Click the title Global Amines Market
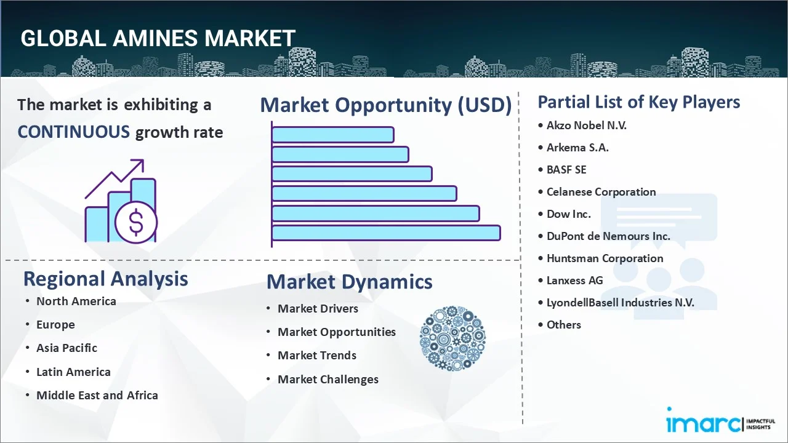click(158, 38)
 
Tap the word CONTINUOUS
click(73, 132)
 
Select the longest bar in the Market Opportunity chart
click(385, 233)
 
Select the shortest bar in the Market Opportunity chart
click(332, 134)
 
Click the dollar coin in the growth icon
click(136, 223)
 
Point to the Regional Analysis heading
click(105, 279)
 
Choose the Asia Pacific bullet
click(66, 348)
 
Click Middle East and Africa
click(97, 395)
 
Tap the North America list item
click(76, 301)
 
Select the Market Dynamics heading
click(349, 282)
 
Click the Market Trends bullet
click(316, 355)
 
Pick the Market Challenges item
click(328, 379)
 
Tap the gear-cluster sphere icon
click(452, 338)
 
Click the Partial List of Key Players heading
click(638, 102)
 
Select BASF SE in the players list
click(566, 169)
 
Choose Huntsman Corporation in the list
click(605, 258)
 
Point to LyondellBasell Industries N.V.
click(620, 302)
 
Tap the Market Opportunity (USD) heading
click(385, 105)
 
